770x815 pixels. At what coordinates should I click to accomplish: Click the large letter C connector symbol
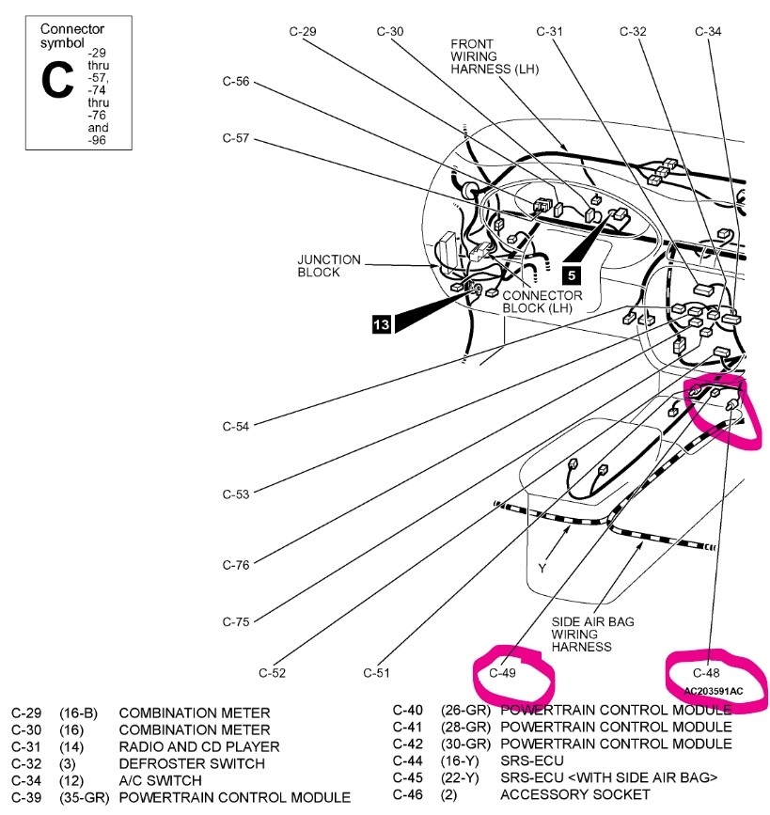coord(56,82)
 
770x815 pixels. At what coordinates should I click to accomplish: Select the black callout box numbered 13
coord(381,324)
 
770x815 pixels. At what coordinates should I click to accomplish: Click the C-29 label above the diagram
coord(302,31)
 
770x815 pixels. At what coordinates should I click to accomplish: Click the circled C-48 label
coord(706,673)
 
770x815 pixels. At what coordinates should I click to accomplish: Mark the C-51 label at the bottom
coord(376,673)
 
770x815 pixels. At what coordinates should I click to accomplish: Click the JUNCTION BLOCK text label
coord(329,266)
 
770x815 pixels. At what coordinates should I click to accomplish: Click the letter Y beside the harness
coord(542,569)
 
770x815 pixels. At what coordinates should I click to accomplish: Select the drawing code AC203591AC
coord(713,692)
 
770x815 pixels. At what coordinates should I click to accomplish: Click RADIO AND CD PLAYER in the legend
coord(199,746)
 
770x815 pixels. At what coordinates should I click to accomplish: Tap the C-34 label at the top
coord(708,31)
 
